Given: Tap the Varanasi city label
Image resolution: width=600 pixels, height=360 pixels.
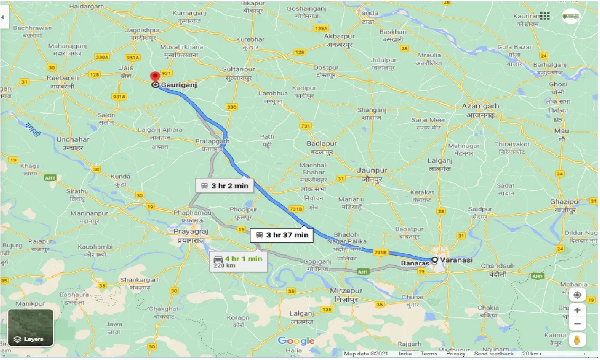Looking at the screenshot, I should point(458,260).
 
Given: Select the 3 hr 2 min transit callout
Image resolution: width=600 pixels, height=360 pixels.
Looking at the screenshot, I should point(225,186).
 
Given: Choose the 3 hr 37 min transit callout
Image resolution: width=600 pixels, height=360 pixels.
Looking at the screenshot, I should point(282,235).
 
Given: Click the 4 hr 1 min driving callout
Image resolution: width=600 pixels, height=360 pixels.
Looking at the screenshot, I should point(238,261).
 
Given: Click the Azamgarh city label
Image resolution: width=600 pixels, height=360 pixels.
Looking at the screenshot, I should point(480,106).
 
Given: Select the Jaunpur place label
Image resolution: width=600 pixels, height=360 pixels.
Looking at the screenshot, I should point(372,171).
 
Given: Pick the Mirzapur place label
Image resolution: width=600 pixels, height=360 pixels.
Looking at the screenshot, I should point(346,291).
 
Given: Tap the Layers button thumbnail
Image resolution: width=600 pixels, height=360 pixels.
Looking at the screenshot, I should point(30,328).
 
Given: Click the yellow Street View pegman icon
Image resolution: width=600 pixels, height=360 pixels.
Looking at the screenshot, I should point(577,340).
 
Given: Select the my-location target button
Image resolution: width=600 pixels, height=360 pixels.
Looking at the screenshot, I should point(577,295).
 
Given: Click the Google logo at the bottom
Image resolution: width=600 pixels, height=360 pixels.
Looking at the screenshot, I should point(296,341).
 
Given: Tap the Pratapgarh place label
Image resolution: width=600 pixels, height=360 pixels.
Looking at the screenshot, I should point(212,141).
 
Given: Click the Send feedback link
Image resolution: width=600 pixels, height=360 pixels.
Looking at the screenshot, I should point(494,354).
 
